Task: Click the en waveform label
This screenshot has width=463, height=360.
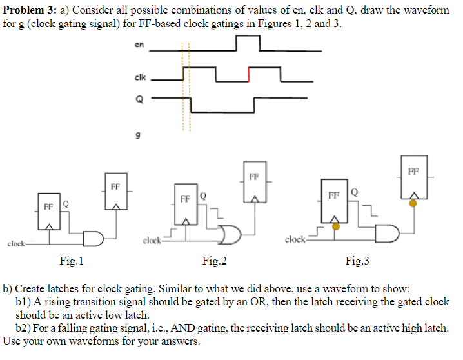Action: coord(139,45)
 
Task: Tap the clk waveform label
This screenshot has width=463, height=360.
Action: coord(140,78)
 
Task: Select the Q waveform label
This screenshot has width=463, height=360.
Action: coord(138,99)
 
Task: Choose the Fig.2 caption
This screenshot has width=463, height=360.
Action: coord(214,261)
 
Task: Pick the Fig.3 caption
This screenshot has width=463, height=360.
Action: coord(357,261)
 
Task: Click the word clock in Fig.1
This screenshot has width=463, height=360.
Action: coord(16,244)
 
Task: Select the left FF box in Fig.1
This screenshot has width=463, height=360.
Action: coord(49,211)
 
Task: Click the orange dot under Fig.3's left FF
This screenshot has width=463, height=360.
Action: coord(335,226)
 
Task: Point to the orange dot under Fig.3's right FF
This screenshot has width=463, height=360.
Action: coord(413,203)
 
